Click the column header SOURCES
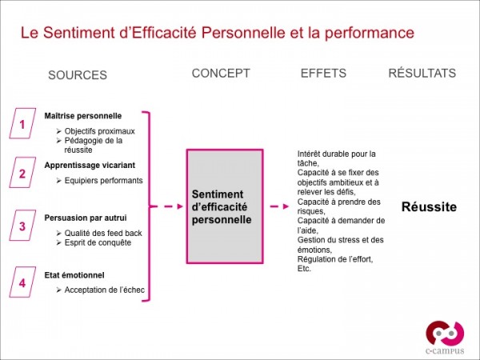tap(78, 75)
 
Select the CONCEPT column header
tap(221, 73)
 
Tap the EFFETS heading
tap(323, 73)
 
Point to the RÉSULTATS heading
tap(422, 73)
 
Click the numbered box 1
tap(22, 125)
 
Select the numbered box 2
tap(22, 173)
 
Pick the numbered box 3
tap(22, 226)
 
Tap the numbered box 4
tap(22, 282)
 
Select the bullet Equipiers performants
tap(103, 180)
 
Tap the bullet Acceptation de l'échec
tap(104, 290)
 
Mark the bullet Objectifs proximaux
tap(100, 130)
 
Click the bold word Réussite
tap(428, 206)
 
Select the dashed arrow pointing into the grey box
tap(168, 206)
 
